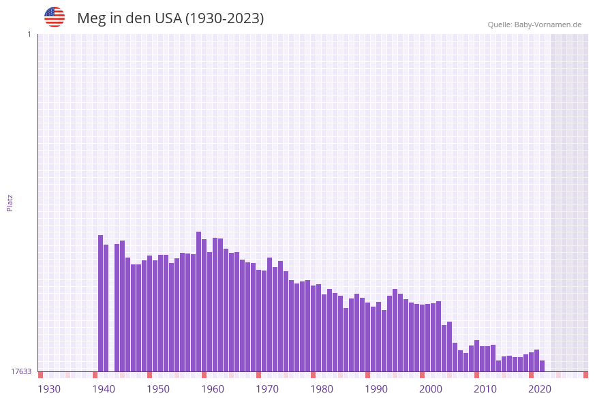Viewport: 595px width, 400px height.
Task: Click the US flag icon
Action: [x=55, y=17]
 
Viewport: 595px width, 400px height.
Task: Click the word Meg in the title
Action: [x=91, y=18]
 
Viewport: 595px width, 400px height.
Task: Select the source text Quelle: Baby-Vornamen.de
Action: [x=534, y=25]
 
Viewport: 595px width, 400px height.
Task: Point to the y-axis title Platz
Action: [x=10, y=202]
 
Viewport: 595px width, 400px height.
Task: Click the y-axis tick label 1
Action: [x=29, y=34]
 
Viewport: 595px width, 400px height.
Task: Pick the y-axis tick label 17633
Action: [x=21, y=371]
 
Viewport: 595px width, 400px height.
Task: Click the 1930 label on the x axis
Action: [x=49, y=389]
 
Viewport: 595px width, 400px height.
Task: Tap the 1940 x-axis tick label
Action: [x=104, y=389]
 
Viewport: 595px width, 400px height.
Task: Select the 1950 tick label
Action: [x=158, y=389]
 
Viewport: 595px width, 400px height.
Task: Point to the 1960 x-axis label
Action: [x=213, y=389]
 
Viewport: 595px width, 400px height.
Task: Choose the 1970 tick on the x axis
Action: [x=267, y=389]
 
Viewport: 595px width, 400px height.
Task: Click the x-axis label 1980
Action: [x=322, y=389]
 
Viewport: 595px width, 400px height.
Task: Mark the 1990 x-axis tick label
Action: [x=376, y=389]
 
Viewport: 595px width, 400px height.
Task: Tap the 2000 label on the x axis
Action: [x=431, y=389]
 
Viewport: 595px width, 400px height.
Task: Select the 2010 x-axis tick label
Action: [x=485, y=389]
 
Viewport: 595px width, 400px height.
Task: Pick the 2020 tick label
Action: [x=540, y=389]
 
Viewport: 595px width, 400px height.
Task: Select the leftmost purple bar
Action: [x=101, y=303]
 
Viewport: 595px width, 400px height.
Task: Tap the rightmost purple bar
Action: [x=543, y=366]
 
